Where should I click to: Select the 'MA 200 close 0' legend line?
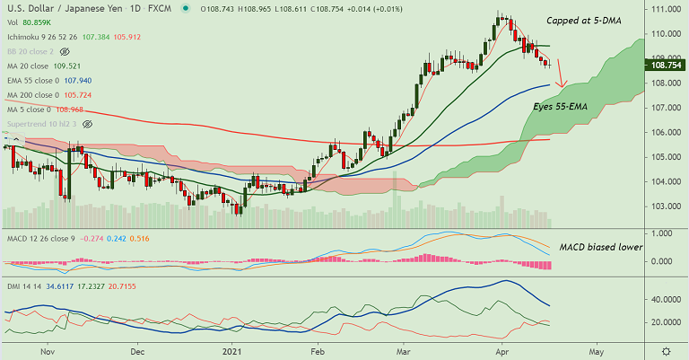31,94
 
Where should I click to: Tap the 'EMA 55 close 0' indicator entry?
32,80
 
